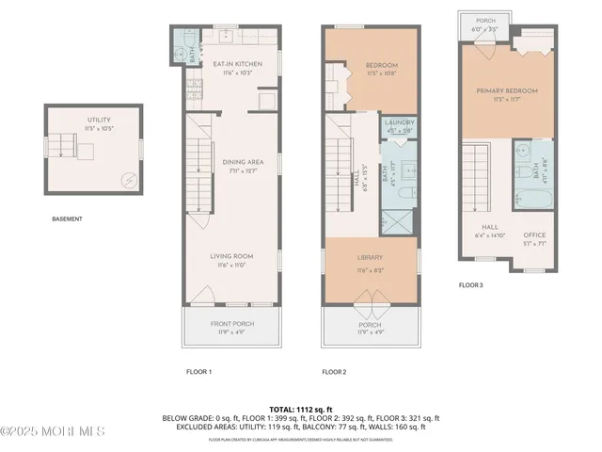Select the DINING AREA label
point(242,162)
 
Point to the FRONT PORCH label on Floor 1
point(230,324)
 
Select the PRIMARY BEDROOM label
point(506,91)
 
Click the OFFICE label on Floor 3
point(534,234)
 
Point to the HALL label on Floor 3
point(490,226)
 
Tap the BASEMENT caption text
point(67,219)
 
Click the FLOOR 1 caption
point(198,372)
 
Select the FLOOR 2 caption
point(334,372)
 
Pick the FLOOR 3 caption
point(470,284)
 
